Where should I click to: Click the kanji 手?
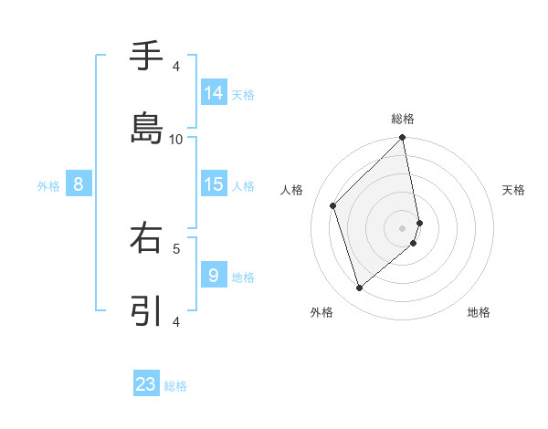146,57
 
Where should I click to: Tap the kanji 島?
146,128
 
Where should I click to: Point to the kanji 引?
146,310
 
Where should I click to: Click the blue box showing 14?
214,92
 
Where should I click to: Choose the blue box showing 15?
214,184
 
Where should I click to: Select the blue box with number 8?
79,184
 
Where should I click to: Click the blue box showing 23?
146,384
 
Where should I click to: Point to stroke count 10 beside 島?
176,139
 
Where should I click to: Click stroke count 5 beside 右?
176,247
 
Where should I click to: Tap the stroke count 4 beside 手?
176,67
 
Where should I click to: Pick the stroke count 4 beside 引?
176,321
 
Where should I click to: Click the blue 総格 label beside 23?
175,386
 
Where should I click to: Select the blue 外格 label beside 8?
48,186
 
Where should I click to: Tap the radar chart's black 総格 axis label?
403,119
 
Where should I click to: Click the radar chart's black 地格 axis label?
479,312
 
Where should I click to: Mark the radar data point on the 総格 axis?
403,139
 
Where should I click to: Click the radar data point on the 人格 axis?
333,205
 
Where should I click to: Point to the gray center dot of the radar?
403,227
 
